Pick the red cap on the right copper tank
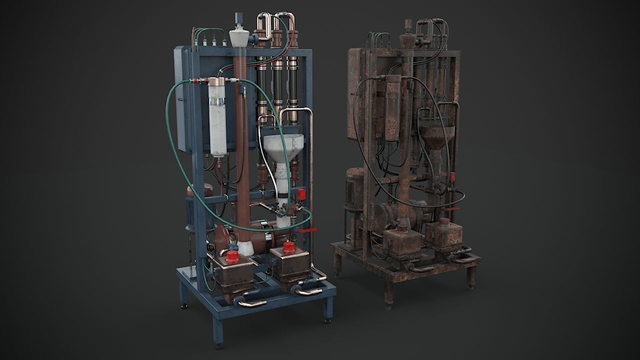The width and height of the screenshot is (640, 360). point(287,247)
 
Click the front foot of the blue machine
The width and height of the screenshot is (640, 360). point(218,335)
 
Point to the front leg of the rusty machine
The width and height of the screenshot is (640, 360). point(388,295)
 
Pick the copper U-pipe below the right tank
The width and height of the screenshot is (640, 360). point(307,290)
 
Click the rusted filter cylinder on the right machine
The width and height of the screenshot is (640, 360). point(393,107)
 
